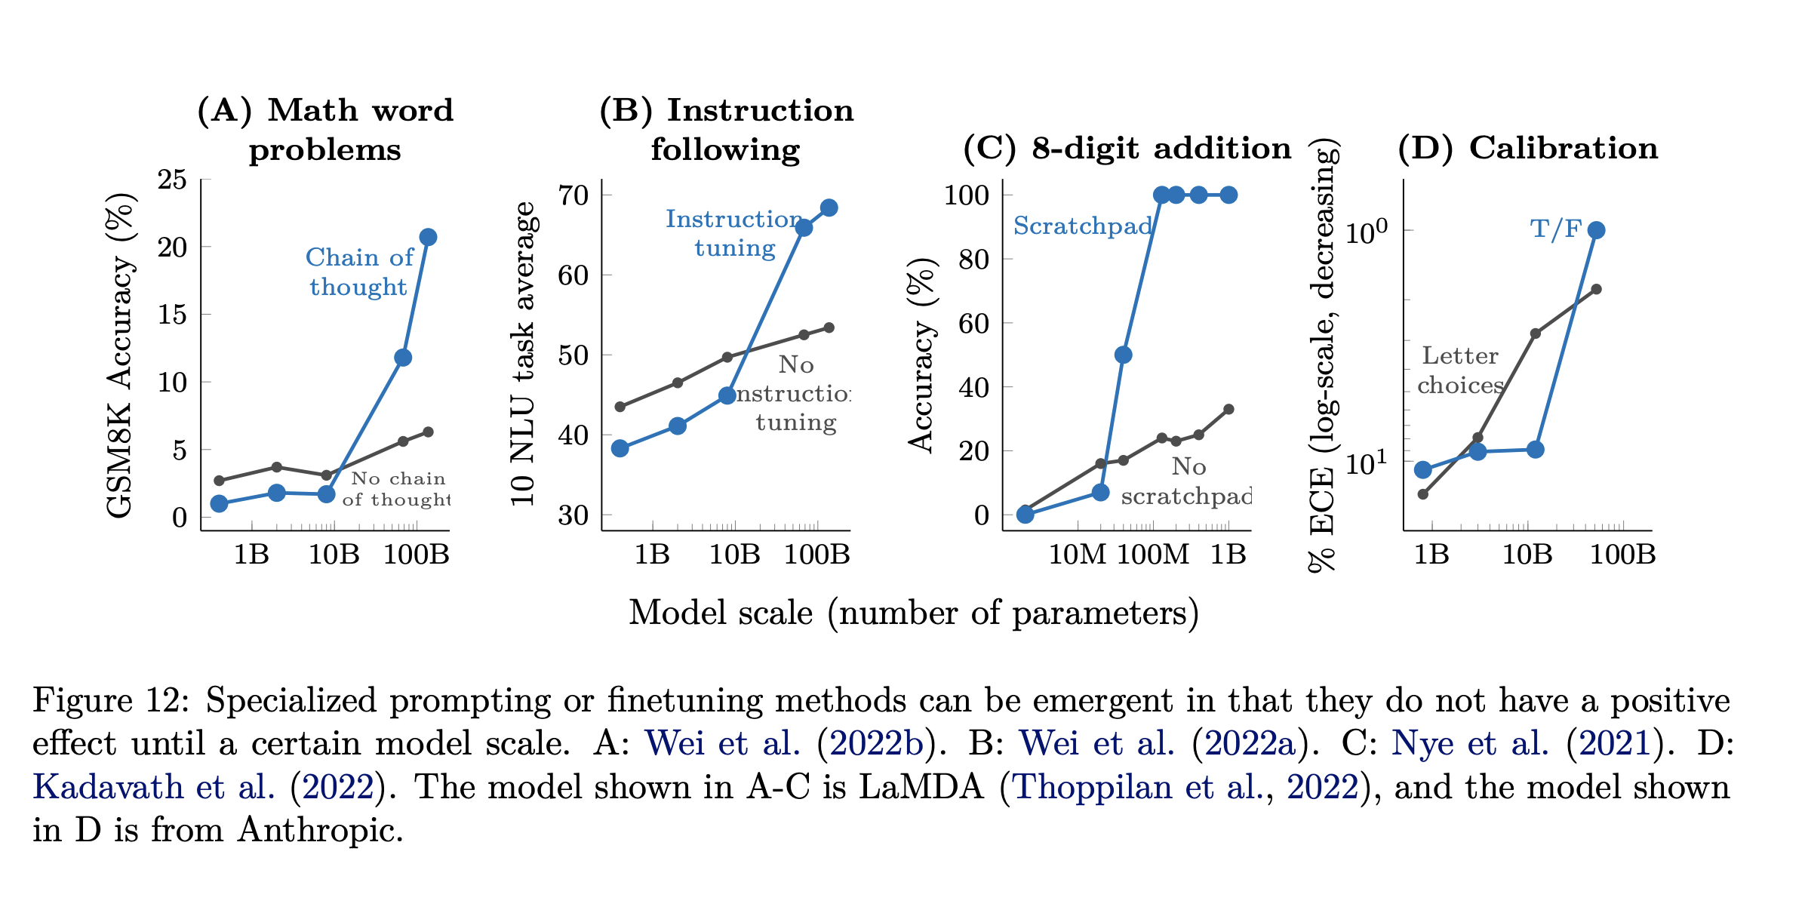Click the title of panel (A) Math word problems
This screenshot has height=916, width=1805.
(325, 130)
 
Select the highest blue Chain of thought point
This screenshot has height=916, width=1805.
(428, 237)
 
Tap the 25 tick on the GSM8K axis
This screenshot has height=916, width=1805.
(172, 180)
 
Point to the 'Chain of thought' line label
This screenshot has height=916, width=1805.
(359, 272)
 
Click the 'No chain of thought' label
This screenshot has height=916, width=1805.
(397, 489)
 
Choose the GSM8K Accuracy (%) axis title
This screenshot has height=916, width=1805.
(121, 355)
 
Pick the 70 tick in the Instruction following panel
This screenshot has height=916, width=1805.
(573, 195)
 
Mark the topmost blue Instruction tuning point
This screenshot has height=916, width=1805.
(829, 207)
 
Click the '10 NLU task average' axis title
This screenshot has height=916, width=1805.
(523, 355)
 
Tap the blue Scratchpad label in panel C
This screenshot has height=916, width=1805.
(1083, 226)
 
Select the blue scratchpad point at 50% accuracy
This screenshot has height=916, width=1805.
(1123, 355)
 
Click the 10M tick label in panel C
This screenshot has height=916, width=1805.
(1077, 555)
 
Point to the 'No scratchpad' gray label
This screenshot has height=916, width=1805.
(1186, 481)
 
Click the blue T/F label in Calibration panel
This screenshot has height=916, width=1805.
(1556, 229)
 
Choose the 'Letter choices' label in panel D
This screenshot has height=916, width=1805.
(1460, 370)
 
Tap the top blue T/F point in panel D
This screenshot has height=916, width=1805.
(1596, 230)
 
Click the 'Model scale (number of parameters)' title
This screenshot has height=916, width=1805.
(914, 613)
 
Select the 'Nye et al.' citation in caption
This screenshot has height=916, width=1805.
(1470, 744)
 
